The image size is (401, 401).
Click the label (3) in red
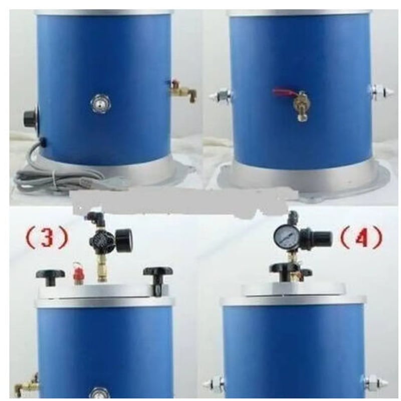(47, 237)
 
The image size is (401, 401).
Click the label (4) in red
(362, 238)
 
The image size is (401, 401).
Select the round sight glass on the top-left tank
(98, 103)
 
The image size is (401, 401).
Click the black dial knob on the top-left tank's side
(31, 118)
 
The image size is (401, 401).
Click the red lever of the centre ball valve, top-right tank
(283, 92)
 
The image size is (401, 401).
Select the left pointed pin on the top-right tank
(221, 96)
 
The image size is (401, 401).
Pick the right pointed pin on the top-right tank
(383, 93)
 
